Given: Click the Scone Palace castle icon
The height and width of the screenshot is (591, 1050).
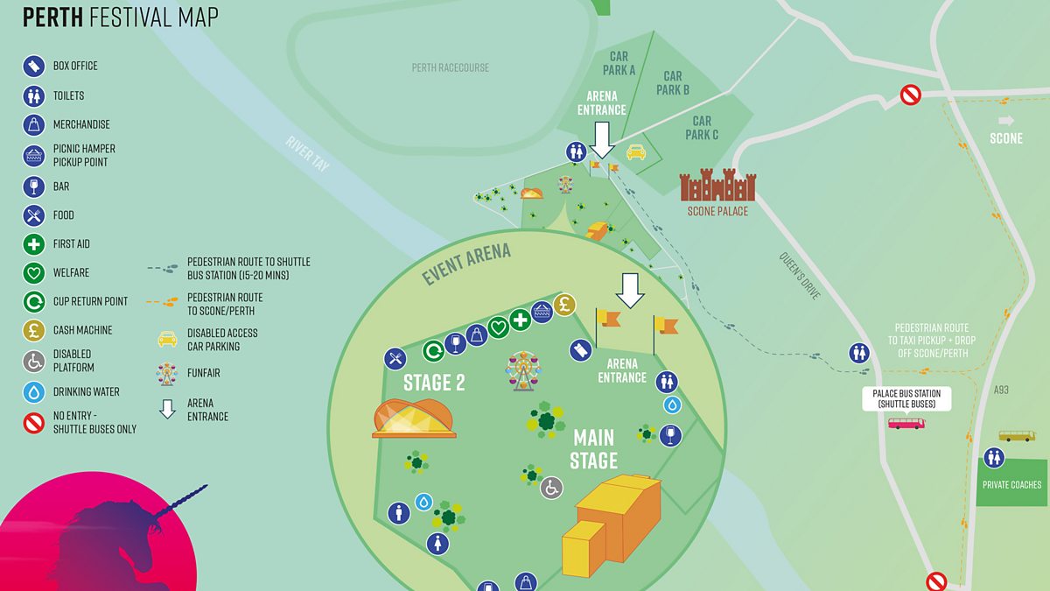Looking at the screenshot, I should point(717,186).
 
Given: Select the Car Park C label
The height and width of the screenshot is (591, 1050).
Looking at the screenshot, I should point(702,128).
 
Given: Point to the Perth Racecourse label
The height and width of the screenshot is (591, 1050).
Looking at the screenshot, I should point(450,68).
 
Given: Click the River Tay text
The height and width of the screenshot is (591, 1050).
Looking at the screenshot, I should point(307,152).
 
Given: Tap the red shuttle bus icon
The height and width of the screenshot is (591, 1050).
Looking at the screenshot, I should point(906,423).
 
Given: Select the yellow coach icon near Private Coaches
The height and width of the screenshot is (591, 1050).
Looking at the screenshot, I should point(1016,435).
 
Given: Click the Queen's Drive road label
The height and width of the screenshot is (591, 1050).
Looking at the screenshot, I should point(800,277).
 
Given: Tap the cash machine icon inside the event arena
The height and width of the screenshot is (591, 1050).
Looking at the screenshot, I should point(564,305).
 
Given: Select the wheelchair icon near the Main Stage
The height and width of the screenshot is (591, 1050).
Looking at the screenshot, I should point(551,488).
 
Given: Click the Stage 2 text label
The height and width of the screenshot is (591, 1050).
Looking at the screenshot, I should point(434,383).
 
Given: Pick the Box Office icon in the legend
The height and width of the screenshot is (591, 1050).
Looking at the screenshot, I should point(33,66).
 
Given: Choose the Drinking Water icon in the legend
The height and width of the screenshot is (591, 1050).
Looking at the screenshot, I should point(33,392).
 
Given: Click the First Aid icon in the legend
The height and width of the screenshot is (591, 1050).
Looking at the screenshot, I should point(33,244).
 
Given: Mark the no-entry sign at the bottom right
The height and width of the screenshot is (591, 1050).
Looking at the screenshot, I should point(936,581).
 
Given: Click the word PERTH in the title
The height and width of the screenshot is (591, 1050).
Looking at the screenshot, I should point(52,17).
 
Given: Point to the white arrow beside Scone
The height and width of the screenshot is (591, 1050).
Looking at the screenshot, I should point(1005,121).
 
